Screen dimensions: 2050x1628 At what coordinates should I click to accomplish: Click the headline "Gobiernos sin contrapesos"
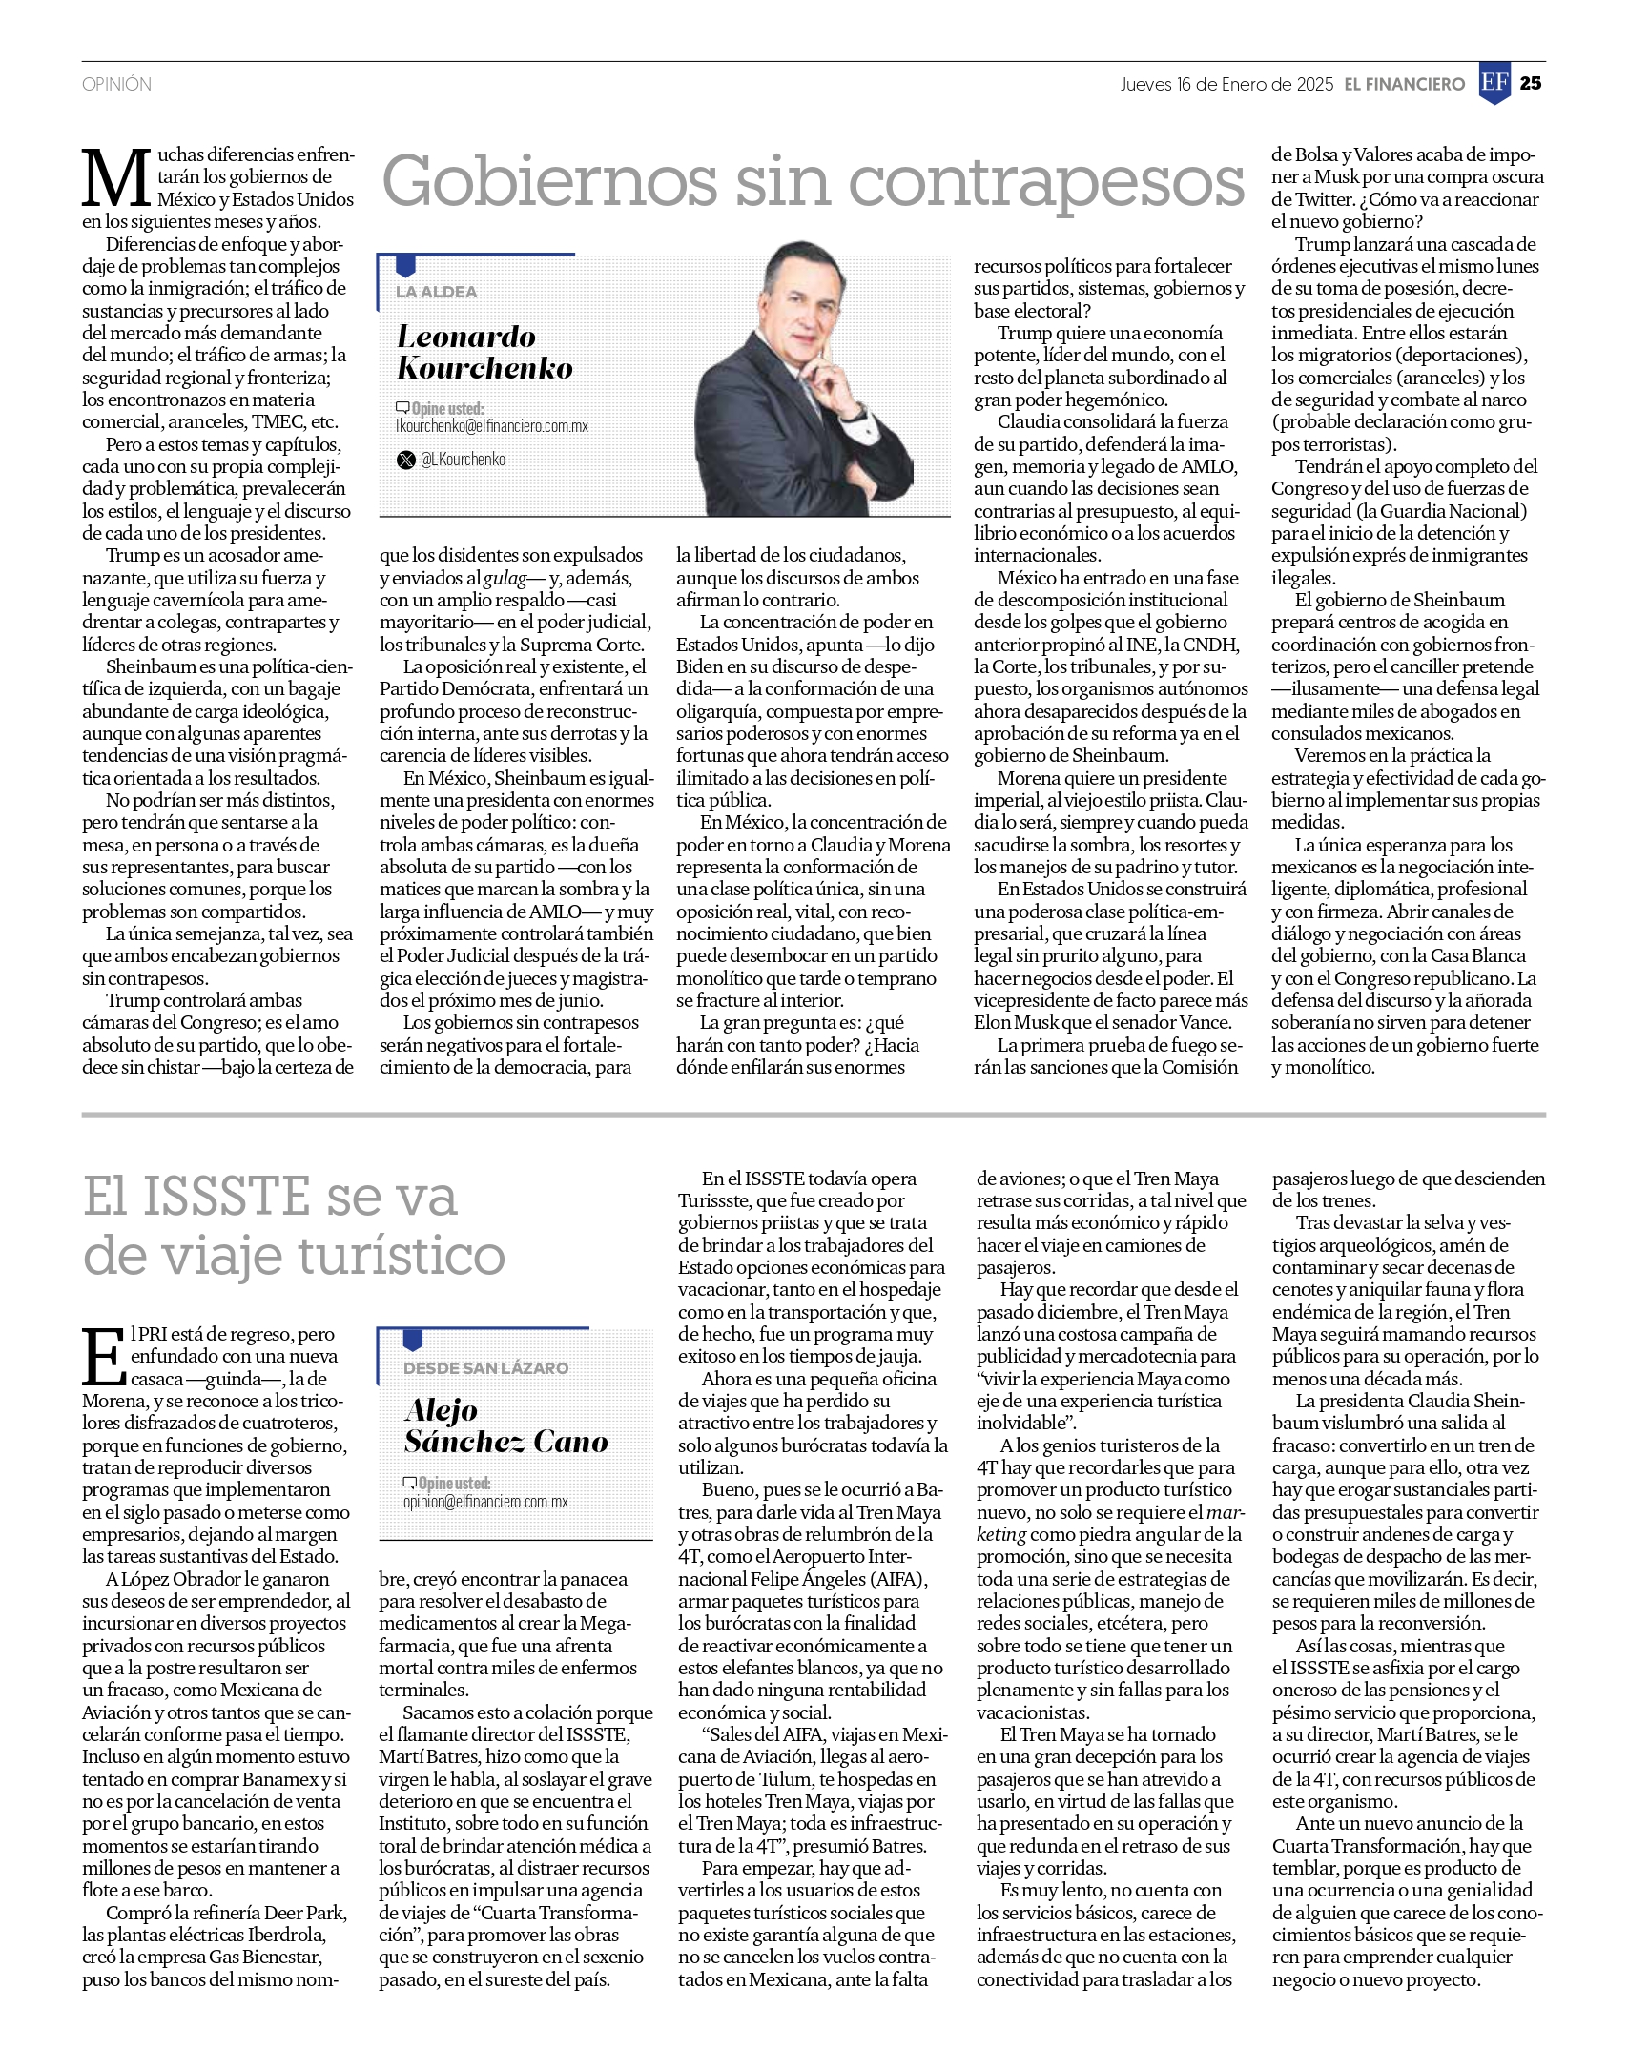pyautogui.click(x=813, y=181)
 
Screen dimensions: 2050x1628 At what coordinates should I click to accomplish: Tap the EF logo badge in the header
pyautogui.click(x=1494, y=84)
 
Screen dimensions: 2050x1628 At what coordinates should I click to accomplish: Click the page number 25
pyautogui.click(x=1530, y=84)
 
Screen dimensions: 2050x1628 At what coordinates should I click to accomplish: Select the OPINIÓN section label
pyautogui.click(x=116, y=85)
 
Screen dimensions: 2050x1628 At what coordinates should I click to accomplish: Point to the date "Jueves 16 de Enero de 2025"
pyautogui.click(x=1226, y=85)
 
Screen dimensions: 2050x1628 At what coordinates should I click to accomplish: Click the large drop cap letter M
pyautogui.click(x=116, y=178)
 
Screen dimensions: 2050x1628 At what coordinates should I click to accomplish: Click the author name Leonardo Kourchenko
pyautogui.click(x=484, y=352)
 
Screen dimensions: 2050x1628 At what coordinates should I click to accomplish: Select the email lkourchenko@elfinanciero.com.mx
pyautogui.click(x=492, y=426)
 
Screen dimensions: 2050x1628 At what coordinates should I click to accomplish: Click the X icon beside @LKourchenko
pyautogui.click(x=406, y=460)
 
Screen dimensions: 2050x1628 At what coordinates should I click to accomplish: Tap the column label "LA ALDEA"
pyautogui.click(x=436, y=292)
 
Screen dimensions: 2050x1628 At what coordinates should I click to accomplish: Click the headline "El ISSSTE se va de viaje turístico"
pyautogui.click(x=294, y=1225)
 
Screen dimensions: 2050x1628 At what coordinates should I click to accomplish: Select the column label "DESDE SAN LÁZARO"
pyautogui.click(x=485, y=1367)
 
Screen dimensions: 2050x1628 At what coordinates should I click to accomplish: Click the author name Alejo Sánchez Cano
pyautogui.click(x=505, y=1425)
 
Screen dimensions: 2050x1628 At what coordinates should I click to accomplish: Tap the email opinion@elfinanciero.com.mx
pyautogui.click(x=485, y=1502)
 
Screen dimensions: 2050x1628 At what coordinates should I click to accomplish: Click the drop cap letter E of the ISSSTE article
pyautogui.click(x=103, y=1356)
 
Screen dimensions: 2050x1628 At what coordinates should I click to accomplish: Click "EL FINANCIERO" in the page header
pyautogui.click(x=1404, y=85)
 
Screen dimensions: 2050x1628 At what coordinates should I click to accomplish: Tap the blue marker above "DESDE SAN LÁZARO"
pyautogui.click(x=412, y=1340)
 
